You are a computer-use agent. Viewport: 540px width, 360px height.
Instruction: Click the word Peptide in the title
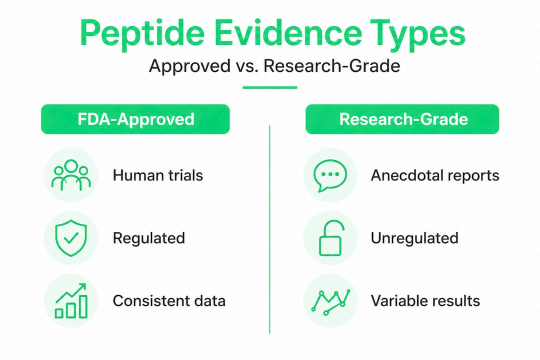142,34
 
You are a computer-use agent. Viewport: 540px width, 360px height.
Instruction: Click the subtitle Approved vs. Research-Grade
274,65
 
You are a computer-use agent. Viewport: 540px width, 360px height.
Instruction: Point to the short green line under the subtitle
269,87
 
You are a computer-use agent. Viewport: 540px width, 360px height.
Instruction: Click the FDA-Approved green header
135,119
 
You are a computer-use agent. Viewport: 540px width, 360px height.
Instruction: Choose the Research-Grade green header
402,119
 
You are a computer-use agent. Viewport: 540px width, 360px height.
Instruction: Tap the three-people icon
71,175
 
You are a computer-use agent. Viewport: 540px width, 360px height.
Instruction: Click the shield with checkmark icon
71,238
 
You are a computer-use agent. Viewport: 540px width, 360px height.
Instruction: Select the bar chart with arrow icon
71,300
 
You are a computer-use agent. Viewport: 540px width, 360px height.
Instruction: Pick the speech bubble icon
330,175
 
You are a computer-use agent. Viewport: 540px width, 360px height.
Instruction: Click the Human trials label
157,175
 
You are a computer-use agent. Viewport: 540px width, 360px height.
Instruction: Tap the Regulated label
149,238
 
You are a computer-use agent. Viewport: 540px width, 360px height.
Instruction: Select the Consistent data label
169,300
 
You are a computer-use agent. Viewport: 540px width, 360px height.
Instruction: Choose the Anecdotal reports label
435,175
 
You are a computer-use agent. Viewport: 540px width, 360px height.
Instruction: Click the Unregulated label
414,238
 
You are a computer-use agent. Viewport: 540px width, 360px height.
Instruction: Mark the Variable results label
425,300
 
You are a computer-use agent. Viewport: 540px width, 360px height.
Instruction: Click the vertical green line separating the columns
269,229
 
